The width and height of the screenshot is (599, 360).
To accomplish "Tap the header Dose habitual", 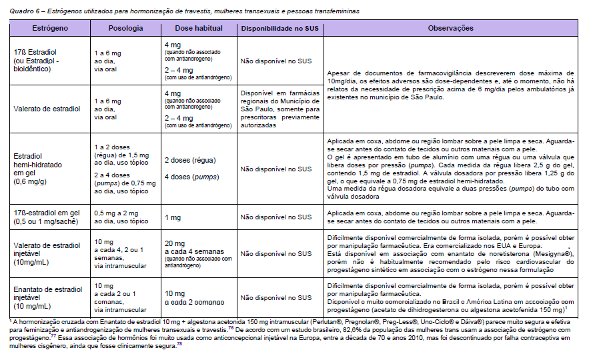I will point(197,29).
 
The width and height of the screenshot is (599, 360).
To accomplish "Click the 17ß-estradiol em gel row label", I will point(45,217).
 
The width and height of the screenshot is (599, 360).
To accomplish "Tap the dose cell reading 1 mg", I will point(173,217).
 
